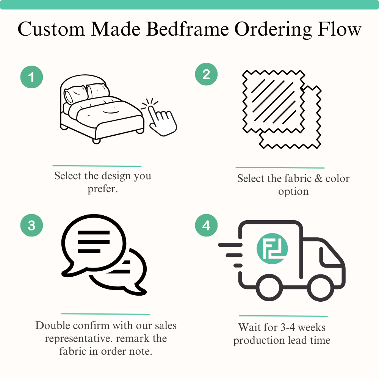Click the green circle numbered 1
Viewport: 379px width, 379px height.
coord(31,78)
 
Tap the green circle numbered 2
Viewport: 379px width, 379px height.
coord(206,74)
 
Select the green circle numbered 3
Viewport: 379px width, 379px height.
coord(31,226)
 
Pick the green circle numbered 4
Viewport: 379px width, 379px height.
coord(206,226)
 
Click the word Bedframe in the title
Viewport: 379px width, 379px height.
coord(188,30)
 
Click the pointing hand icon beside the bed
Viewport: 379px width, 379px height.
coord(161,117)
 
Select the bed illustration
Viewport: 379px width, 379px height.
coord(100,110)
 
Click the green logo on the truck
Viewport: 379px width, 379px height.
coord(272,249)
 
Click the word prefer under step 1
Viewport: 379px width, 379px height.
coord(103,189)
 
